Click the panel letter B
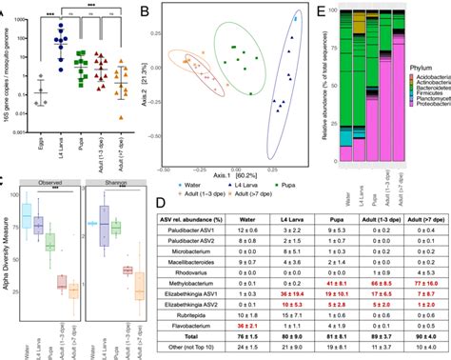[x=146, y=10]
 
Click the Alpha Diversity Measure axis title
[x=8, y=257]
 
